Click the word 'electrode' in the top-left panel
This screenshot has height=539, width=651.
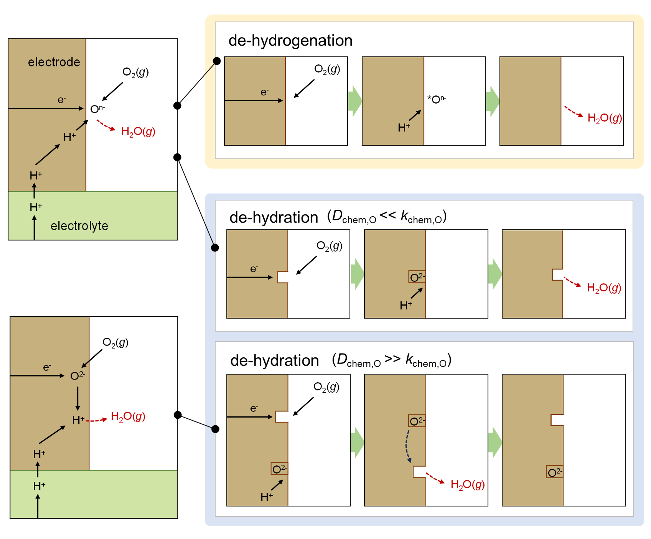pos(54,62)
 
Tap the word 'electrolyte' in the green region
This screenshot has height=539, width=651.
pos(79,226)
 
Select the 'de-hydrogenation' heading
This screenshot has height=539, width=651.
pos(290,41)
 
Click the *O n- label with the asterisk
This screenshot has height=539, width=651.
pos(437,99)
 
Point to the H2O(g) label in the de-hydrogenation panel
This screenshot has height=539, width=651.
pos(605,118)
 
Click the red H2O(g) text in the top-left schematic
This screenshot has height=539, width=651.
pos(138,131)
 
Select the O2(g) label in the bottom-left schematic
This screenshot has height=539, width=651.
pos(115,342)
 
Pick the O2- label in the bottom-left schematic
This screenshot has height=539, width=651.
pos(78,375)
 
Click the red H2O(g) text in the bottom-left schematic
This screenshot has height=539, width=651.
pos(128,416)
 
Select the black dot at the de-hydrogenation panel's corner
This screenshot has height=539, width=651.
pos(217,61)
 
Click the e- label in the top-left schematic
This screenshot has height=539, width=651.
pos(62,100)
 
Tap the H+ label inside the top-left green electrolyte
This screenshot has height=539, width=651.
pos(36,207)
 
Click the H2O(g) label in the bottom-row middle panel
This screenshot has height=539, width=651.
pos(468,484)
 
